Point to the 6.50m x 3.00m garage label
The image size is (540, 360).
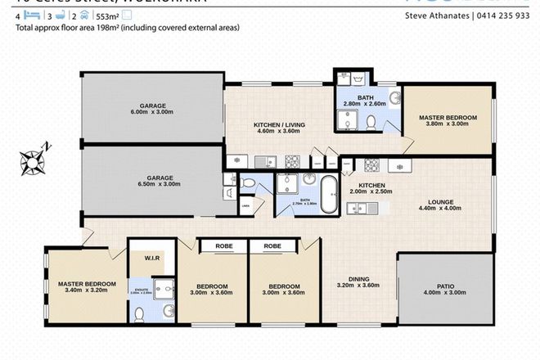(153, 182)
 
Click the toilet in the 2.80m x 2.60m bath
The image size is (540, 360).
(370, 123)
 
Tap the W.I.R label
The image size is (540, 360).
(151, 261)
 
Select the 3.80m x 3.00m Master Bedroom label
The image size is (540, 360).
(448, 121)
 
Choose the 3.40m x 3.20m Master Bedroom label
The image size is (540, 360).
(87, 288)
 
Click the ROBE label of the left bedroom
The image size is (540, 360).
(223, 245)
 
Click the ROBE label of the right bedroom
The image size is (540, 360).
(273, 245)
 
